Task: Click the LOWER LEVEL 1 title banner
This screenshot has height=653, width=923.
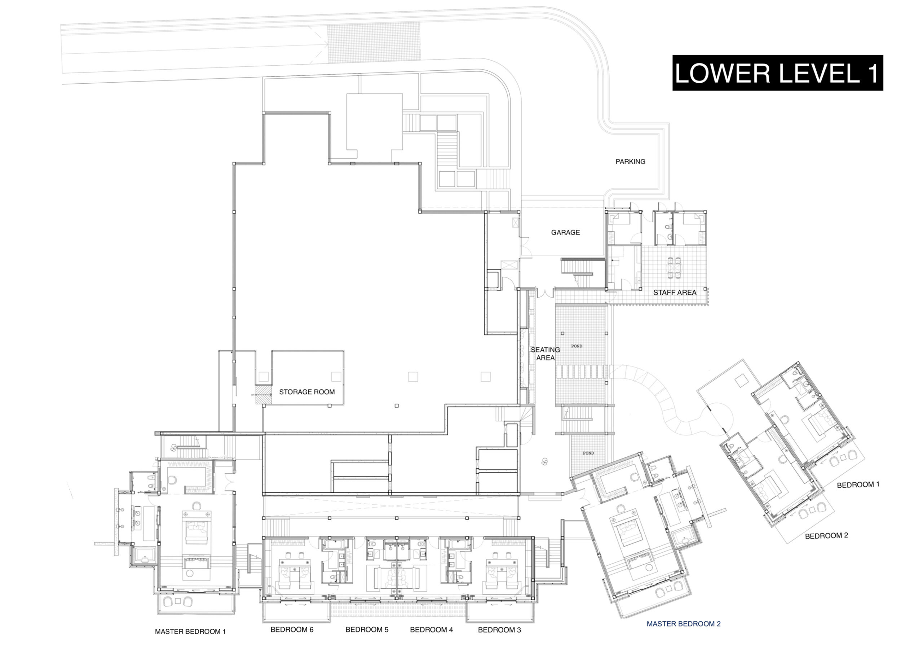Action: (777, 73)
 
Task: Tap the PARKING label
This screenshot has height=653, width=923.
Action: (630, 162)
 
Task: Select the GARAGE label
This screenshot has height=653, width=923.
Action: (565, 233)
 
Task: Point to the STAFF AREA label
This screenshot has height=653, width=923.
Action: (675, 293)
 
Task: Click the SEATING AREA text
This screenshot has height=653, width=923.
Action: (545, 354)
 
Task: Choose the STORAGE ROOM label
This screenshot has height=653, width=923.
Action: (307, 392)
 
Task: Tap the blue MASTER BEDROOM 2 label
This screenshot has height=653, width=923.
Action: (683, 624)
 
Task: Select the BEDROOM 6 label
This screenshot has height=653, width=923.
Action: (292, 629)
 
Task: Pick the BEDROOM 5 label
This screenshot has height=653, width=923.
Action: (367, 629)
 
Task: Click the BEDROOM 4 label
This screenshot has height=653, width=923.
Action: (431, 629)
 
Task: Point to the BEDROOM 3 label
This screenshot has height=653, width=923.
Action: (499, 630)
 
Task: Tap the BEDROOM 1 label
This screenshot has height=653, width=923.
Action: (858, 485)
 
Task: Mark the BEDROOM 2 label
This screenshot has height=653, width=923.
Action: (826, 535)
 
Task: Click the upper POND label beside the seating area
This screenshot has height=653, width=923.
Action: (577, 346)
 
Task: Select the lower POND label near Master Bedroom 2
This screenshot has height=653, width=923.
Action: (588, 453)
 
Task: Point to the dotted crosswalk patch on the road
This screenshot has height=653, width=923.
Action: (374, 43)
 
